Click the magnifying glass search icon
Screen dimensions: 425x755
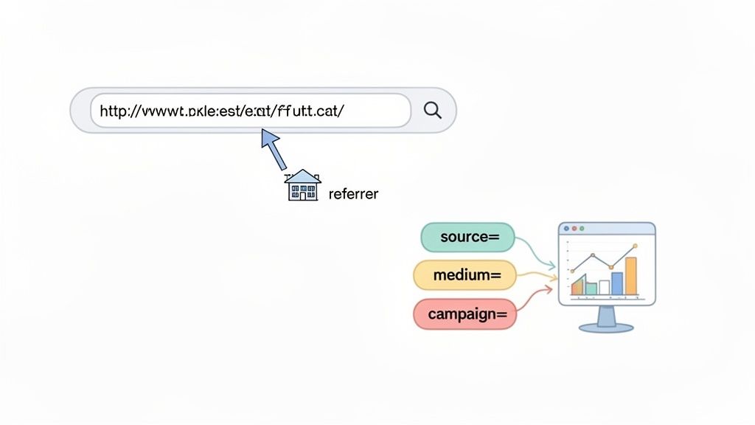pos(433,110)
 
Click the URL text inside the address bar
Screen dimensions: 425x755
pos(221,111)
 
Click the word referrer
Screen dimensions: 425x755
pos(353,194)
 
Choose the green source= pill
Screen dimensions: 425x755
pos(467,237)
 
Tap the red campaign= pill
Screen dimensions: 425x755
pos(464,314)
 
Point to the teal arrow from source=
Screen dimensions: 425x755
pos(537,252)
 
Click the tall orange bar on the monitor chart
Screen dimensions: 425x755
pos(630,275)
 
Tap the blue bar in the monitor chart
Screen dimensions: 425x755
pos(617,283)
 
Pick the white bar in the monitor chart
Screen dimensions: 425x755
pos(604,287)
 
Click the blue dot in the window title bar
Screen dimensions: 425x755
pos(566,229)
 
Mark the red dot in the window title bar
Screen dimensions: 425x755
pos(574,229)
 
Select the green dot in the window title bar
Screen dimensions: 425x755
pos(581,229)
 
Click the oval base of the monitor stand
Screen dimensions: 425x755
pos(606,327)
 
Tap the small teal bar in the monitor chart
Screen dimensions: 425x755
pos(591,288)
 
